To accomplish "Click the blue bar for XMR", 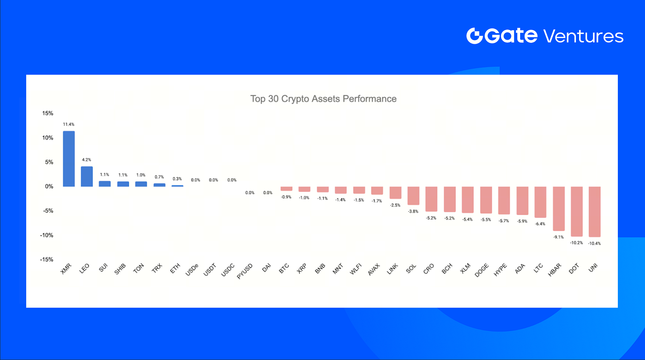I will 69,159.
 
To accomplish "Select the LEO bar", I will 87,176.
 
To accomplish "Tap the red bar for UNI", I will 594,211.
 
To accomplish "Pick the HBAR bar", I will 558,209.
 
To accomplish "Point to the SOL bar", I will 413,196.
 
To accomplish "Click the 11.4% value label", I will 69,124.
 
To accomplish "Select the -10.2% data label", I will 576,243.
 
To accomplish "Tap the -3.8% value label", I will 413,211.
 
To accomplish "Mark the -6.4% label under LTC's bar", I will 540,224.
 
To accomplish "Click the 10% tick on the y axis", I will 47,138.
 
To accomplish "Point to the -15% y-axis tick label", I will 46,260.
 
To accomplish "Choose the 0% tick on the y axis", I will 49,186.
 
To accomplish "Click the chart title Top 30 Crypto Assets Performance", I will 323,99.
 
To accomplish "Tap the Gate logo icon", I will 474,36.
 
